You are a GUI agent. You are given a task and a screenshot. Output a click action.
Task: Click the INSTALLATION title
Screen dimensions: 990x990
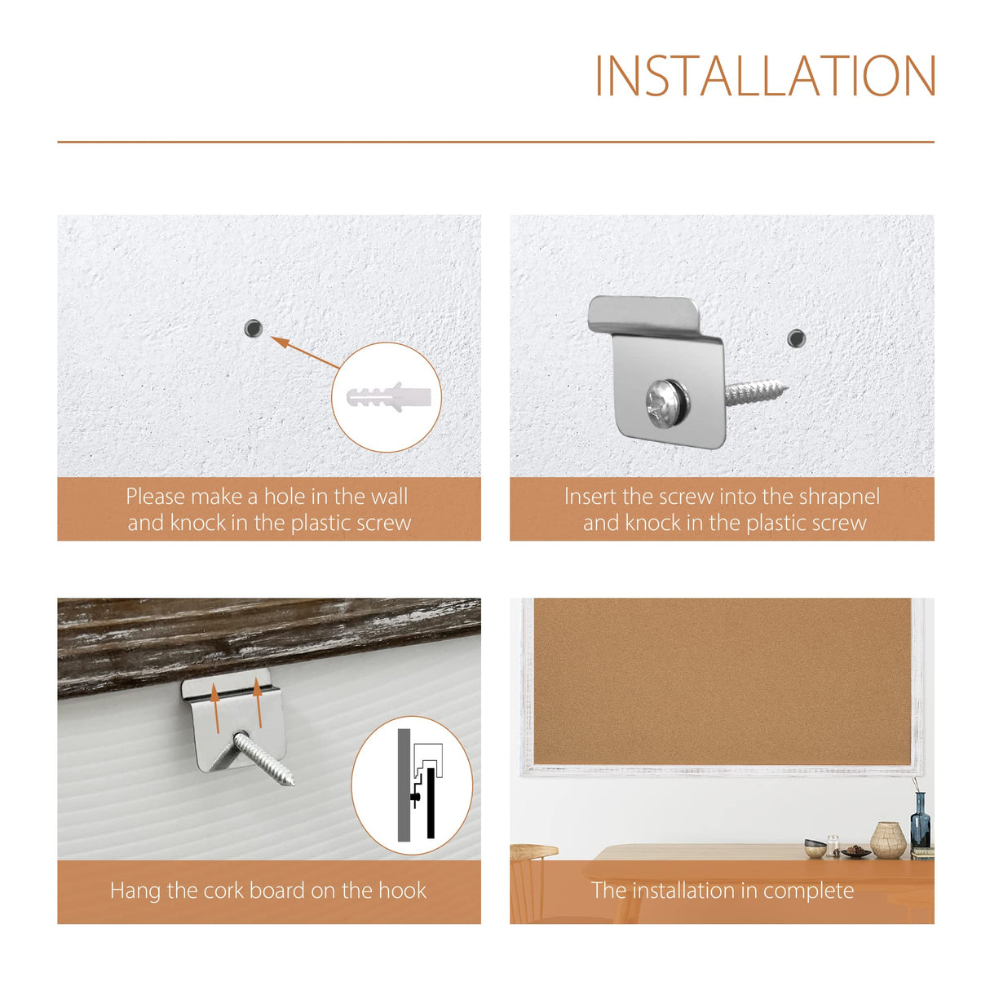click(x=764, y=76)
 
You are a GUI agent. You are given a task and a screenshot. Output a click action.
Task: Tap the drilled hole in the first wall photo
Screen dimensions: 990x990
click(x=253, y=328)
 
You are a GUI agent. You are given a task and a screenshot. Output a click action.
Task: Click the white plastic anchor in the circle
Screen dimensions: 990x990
click(x=388, y=396)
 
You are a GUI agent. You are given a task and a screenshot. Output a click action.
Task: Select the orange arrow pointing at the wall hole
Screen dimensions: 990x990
click(x=305, y=352)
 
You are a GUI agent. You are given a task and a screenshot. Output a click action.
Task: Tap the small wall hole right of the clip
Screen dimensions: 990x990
click(x=796, y=338)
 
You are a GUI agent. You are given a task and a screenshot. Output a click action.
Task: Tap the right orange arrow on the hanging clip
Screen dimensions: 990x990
click(x=259, y=703)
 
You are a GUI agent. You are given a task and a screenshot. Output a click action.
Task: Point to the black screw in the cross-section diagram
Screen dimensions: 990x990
click(x=416, y=797)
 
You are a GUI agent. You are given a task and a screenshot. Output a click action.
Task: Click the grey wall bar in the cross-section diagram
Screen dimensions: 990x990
click(x=404, y=784)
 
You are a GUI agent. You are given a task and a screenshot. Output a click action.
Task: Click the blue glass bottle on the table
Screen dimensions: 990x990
click(x=920, y=824)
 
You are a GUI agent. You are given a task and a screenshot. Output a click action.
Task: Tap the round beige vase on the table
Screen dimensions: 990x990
click(x=888, y=840)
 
